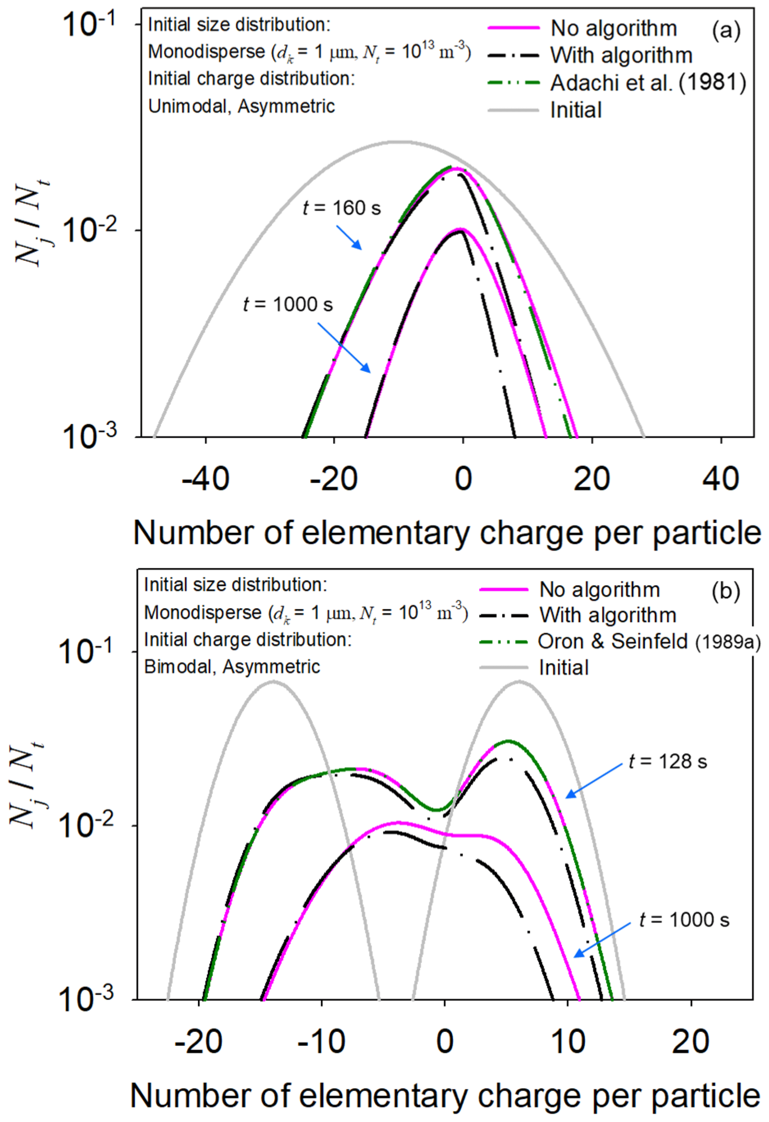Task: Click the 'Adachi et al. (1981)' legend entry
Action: point(648,83)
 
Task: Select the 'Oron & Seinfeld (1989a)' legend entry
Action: point(649,641)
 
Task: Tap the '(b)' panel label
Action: point(725,591)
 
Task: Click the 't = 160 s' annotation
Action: point(341,208)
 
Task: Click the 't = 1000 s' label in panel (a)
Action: point(288,305)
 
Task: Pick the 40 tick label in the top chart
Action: point(721,479)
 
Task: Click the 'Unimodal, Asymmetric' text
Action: point(241,106)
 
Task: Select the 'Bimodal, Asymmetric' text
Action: point(232,667)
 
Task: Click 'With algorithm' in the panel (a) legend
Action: point(621,55)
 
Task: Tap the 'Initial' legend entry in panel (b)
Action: point(564,668)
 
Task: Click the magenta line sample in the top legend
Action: point(513,28)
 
